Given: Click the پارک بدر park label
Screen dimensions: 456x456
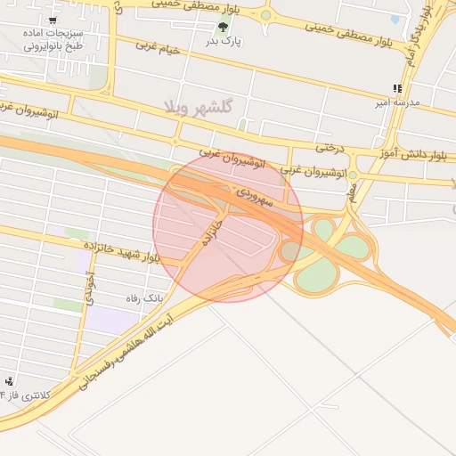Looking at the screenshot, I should coord(224,41).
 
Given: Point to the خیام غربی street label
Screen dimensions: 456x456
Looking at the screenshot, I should coord(159,47).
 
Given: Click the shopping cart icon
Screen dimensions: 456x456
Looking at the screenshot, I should coord(54,20).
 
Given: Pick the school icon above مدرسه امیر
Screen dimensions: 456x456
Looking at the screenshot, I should coord(396,88).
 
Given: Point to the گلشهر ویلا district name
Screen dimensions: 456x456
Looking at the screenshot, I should coord(199,107).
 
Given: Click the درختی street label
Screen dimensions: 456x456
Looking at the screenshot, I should coord(330,147).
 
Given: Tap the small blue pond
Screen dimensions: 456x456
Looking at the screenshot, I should coord(395,18).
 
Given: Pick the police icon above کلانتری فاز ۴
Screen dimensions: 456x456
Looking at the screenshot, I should coord(9,381).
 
